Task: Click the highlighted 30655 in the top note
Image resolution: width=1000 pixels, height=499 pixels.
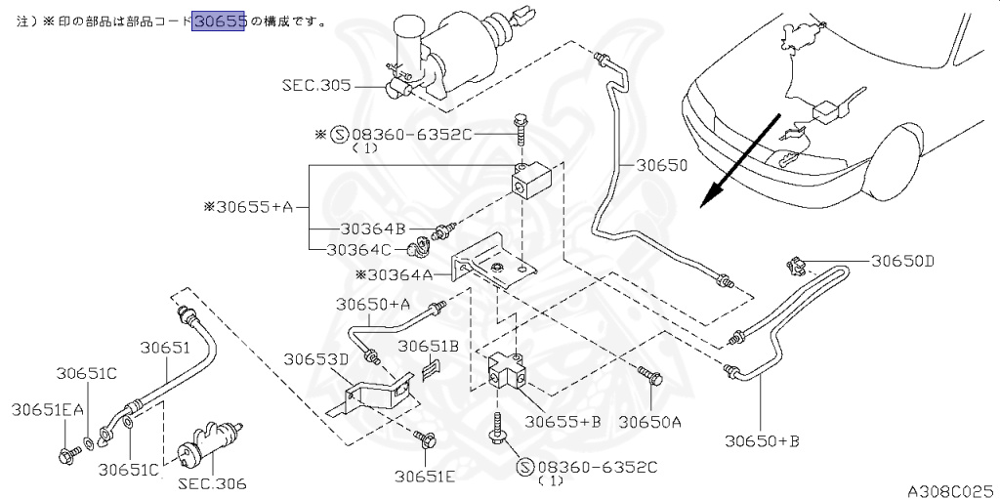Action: pos(219,22)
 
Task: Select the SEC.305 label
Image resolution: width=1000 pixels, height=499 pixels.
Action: pos(317,86)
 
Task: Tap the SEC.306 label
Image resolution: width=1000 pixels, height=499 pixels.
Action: pos(211,483)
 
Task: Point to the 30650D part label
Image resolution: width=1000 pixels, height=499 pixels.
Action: pos(899,261)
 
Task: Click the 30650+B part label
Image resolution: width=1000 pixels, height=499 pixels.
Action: pos(762,441)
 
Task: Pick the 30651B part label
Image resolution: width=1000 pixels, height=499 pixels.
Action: pos(429,346)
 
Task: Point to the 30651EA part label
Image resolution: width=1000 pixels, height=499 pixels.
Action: pos(47,410)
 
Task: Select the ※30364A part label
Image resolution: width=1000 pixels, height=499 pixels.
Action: pos(395,275)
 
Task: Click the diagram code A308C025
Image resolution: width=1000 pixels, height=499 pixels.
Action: pos(953,491)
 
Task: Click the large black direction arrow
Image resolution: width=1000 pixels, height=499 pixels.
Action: pos(740,161)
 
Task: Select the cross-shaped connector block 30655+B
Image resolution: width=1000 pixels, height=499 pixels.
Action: pos(508,373)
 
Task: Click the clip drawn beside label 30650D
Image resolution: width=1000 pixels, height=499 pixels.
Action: pos(795,267)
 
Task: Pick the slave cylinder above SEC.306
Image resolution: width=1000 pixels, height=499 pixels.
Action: pos(208,440)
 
